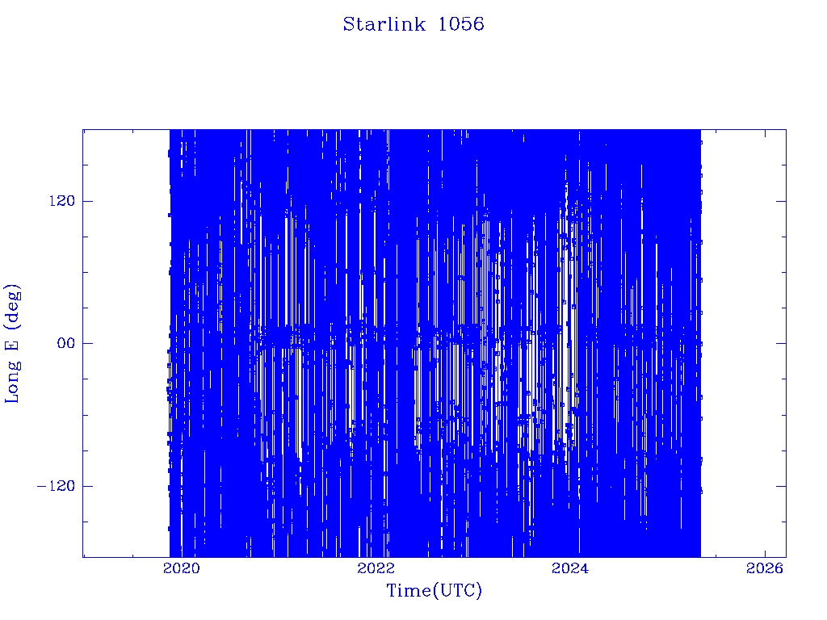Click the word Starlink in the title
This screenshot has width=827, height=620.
click(384, 24)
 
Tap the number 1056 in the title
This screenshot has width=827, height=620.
click(461, 24)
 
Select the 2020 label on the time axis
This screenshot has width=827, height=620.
click(182, 568)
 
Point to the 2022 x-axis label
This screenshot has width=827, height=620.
click(376, 568)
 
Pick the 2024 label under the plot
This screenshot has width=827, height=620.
click(570, 568)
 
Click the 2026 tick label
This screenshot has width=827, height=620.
click(765, 568)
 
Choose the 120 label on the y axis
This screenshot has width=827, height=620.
click(61, 201)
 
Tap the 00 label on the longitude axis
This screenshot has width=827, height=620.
click(66, 343)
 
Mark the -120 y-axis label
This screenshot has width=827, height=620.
click(56, 485)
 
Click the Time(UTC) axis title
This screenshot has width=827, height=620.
click(434, 590)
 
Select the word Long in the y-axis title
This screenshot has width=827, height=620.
click(11, 381)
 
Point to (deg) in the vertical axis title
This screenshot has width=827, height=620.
click(11, 304)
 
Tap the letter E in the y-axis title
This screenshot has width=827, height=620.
click(11, 343)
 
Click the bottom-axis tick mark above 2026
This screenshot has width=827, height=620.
click(765, 552)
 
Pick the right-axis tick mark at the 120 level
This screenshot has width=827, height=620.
click(781, 201)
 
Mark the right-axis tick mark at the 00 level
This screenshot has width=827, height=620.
click(781, 343)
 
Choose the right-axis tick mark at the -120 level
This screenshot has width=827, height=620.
click(781, 485)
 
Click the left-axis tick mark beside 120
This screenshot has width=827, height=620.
click(87, 201)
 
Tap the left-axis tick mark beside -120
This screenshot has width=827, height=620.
click(87, 485)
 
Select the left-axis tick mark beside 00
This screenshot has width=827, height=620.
click(87, 343)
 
